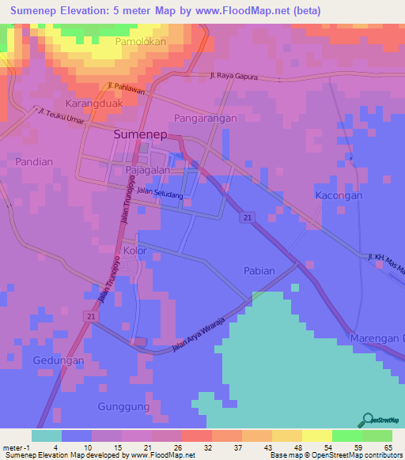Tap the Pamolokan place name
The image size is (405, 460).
(x=140, y=41)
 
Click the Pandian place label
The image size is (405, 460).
(x=32, y=161)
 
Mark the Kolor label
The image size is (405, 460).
(x=135, y=251)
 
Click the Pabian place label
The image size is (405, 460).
(x=259, y=270)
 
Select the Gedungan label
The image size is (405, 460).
(x=58, y=360)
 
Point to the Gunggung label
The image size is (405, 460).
(x=123, y=406)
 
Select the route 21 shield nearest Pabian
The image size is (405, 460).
(x=248, y=217)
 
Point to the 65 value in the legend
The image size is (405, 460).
(x=388, y=447)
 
